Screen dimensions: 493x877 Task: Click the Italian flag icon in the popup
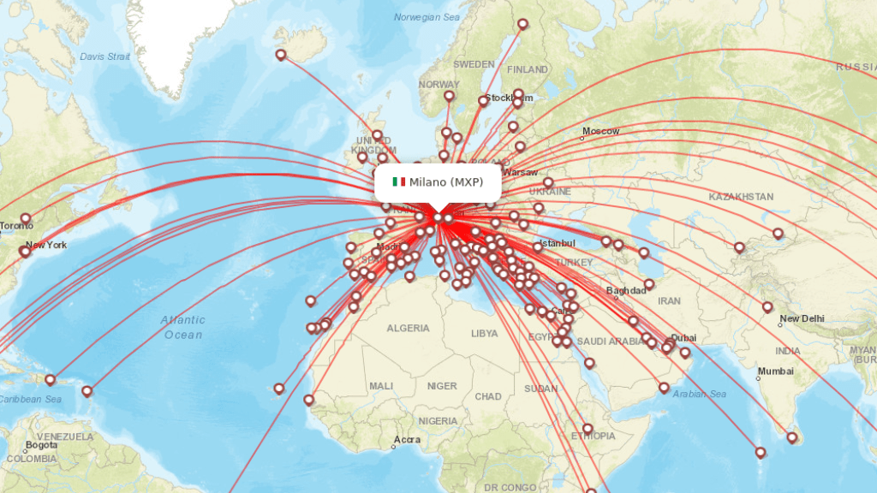[398, 181]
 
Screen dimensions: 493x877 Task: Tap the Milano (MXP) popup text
[445, 181]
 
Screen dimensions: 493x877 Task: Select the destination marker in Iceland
[280, 55]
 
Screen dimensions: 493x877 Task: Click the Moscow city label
[600, 131]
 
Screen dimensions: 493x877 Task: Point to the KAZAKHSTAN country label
[740, 197]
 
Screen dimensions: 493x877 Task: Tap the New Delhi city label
[802, 318]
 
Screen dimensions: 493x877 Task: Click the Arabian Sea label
[700, 394]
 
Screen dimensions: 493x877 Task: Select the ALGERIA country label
[408, 328]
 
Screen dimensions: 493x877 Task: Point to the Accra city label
[407, 441]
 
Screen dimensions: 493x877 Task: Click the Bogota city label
[41, 445]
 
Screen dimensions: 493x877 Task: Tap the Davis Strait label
[104, 56]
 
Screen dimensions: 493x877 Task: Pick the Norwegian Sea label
[427, 17]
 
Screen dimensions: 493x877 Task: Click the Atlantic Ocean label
[182, 327]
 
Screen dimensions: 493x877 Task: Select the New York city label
[45, 246]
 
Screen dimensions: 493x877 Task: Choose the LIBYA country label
[484, 333]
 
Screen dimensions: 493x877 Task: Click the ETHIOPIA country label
[593, 436]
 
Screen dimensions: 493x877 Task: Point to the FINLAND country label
[528, 69]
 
